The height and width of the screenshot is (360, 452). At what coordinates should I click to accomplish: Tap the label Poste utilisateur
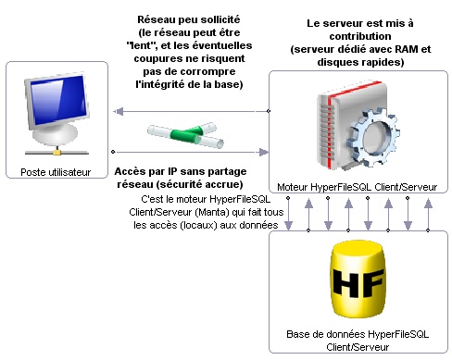[x=56, y=172]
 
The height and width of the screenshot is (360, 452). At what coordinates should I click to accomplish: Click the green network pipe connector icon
[x=185, y=135]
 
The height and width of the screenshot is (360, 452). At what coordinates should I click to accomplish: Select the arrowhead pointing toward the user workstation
[x=119, y=111]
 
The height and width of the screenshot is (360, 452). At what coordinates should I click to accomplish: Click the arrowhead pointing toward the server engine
[x=263, y=152]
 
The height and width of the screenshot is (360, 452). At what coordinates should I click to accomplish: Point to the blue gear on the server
[x=371, y=136]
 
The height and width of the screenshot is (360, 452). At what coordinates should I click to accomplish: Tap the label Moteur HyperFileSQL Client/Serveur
[x=358, y=187]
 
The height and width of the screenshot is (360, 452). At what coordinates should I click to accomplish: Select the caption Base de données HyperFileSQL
[x=358, y=334]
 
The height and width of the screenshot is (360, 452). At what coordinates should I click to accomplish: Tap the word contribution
[x=360, y=36]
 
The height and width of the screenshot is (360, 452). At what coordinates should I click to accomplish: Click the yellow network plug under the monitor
[x=56, y=151]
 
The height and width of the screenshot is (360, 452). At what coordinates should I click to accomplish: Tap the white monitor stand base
[x=56, y=136]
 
